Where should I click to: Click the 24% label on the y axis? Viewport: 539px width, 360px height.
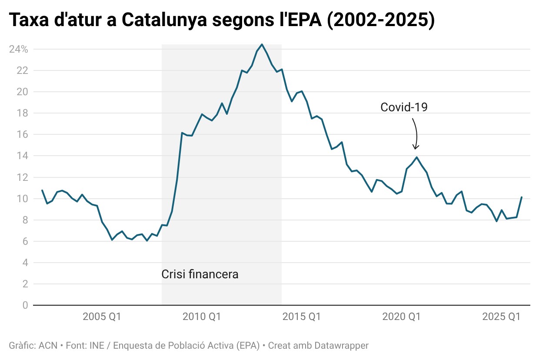(x=18, y=49)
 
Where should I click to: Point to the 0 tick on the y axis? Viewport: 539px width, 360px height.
(x=25, y=305)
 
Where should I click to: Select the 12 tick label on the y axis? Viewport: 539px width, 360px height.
(x=23, y=177)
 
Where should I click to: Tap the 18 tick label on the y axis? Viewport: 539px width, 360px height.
(x=23, y=113)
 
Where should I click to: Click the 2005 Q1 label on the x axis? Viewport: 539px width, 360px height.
(x=102, y=317)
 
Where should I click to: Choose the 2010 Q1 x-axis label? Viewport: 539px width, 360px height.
(x=202, y=317)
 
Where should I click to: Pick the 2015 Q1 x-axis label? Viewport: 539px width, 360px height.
(x=302, y=317)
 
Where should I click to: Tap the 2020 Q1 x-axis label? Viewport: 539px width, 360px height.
(x=401, y=317)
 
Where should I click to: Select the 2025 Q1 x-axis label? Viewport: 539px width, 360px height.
(x=501, y=317)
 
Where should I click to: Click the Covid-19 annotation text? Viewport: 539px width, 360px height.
(x=404, y=107)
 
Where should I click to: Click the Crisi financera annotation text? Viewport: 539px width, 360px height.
(x=200, y=274)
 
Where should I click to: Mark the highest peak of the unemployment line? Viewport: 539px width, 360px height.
(x=262, y=44)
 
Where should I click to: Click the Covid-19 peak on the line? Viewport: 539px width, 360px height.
(x=417, y=157)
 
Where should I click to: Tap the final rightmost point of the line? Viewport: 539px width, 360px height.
(x=522, y=197)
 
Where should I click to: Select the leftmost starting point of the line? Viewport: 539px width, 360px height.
(x=42, y=190)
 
